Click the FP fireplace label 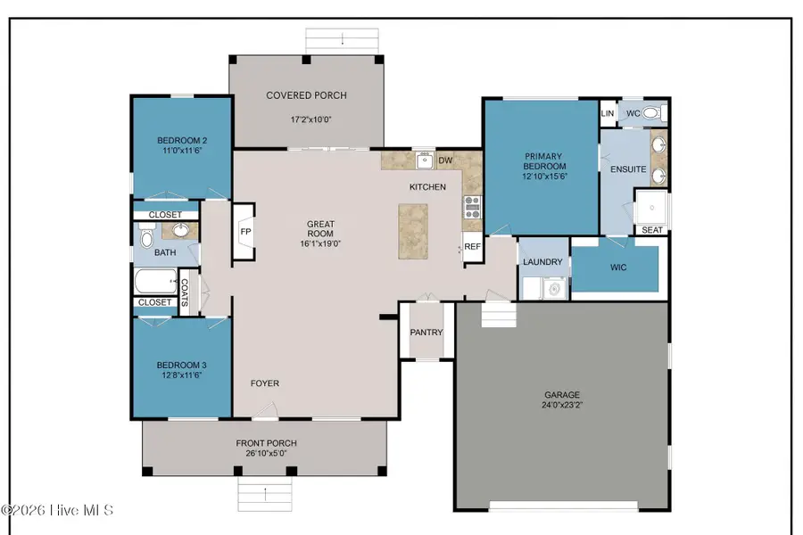coord(245,232)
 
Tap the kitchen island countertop coord(412,230)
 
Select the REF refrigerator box coord(472,247)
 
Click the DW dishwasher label coord(445,160)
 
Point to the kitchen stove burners coord(472,208)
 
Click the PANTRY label coord(426,333)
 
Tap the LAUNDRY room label coord(543,262)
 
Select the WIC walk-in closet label coord(618,267)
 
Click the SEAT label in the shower coord(651,230)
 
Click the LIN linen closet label coord(608,113)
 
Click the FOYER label coord(264,383)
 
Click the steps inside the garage coord(499,317)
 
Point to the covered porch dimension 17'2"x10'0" coord(306,119)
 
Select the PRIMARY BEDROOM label coord(544,167)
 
